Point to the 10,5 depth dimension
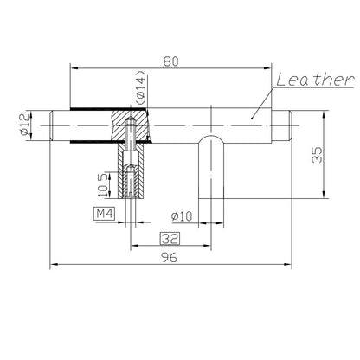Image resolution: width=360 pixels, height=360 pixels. point(103,183)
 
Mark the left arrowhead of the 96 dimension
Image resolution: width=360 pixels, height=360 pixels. point(54,263)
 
